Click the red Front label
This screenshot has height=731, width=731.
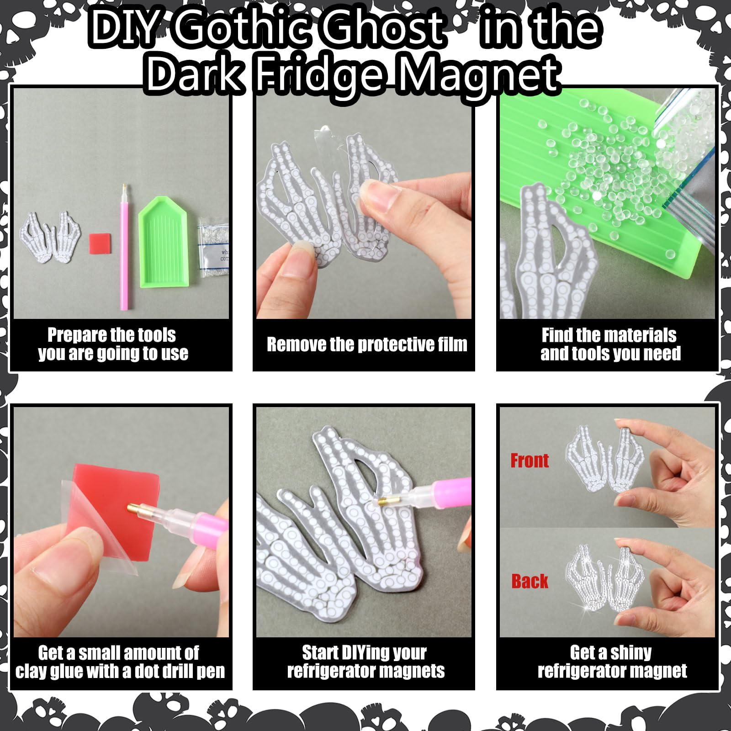(530, 461)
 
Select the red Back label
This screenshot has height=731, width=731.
(530, 581)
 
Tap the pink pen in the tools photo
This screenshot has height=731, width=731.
(124, 247)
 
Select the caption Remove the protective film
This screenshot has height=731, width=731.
(367, 344)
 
